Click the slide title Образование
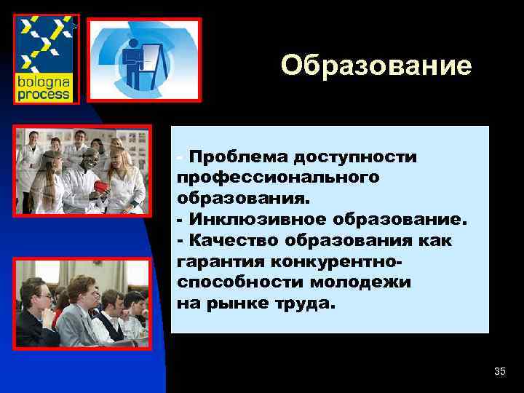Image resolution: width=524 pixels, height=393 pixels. (376, 65)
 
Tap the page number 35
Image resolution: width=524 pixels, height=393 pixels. (499, 372)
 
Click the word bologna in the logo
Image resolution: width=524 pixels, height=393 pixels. (44, 82)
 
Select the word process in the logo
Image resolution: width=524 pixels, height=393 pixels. (44, 94)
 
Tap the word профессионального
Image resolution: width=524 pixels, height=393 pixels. (277, 178)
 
